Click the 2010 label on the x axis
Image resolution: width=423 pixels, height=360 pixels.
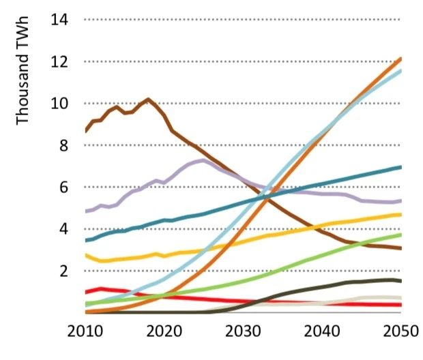point(85,333)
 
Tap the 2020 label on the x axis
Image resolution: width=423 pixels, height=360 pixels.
point(164,333)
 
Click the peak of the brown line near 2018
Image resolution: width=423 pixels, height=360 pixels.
point(148,100)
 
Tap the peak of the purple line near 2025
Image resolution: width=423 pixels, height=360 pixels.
point(202,161)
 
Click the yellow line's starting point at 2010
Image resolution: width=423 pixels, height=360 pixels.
point(85,254)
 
